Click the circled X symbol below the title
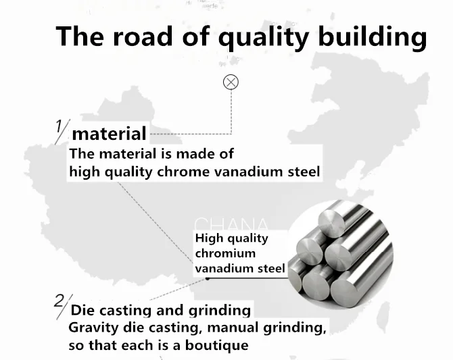(231, 82)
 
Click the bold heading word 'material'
(109, 133)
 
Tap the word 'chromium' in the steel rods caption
(225, 253)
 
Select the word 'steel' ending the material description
(301, 172)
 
